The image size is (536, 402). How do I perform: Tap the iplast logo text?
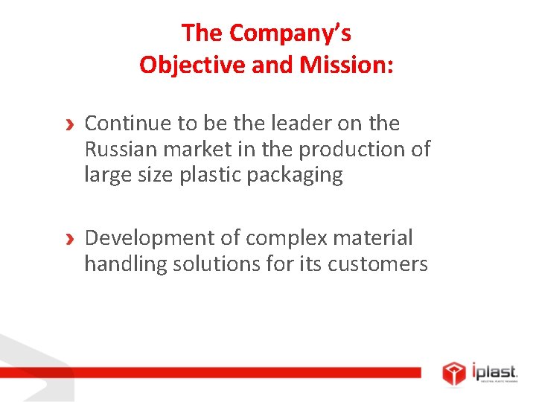point(494,370)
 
